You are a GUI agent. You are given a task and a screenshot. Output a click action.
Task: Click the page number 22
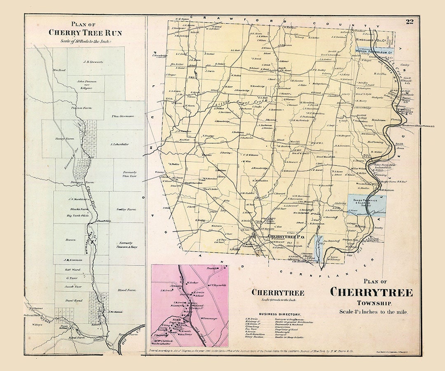coord(409,22)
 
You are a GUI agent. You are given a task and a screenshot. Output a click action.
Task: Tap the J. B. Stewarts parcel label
coord(93,62)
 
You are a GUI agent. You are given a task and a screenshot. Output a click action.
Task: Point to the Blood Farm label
coord(126,290)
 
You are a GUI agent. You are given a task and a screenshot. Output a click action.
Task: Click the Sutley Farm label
coord(126,209)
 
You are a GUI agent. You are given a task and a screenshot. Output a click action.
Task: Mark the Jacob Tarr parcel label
coord(75,286)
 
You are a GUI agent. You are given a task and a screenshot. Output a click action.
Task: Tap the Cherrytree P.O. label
coord(286,237)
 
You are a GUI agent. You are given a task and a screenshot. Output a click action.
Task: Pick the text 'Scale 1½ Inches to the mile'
coord(374,312)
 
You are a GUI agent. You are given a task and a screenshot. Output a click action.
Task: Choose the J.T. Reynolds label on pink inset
coord(217,285)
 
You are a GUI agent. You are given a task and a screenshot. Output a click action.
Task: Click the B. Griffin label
coord(380,74)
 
